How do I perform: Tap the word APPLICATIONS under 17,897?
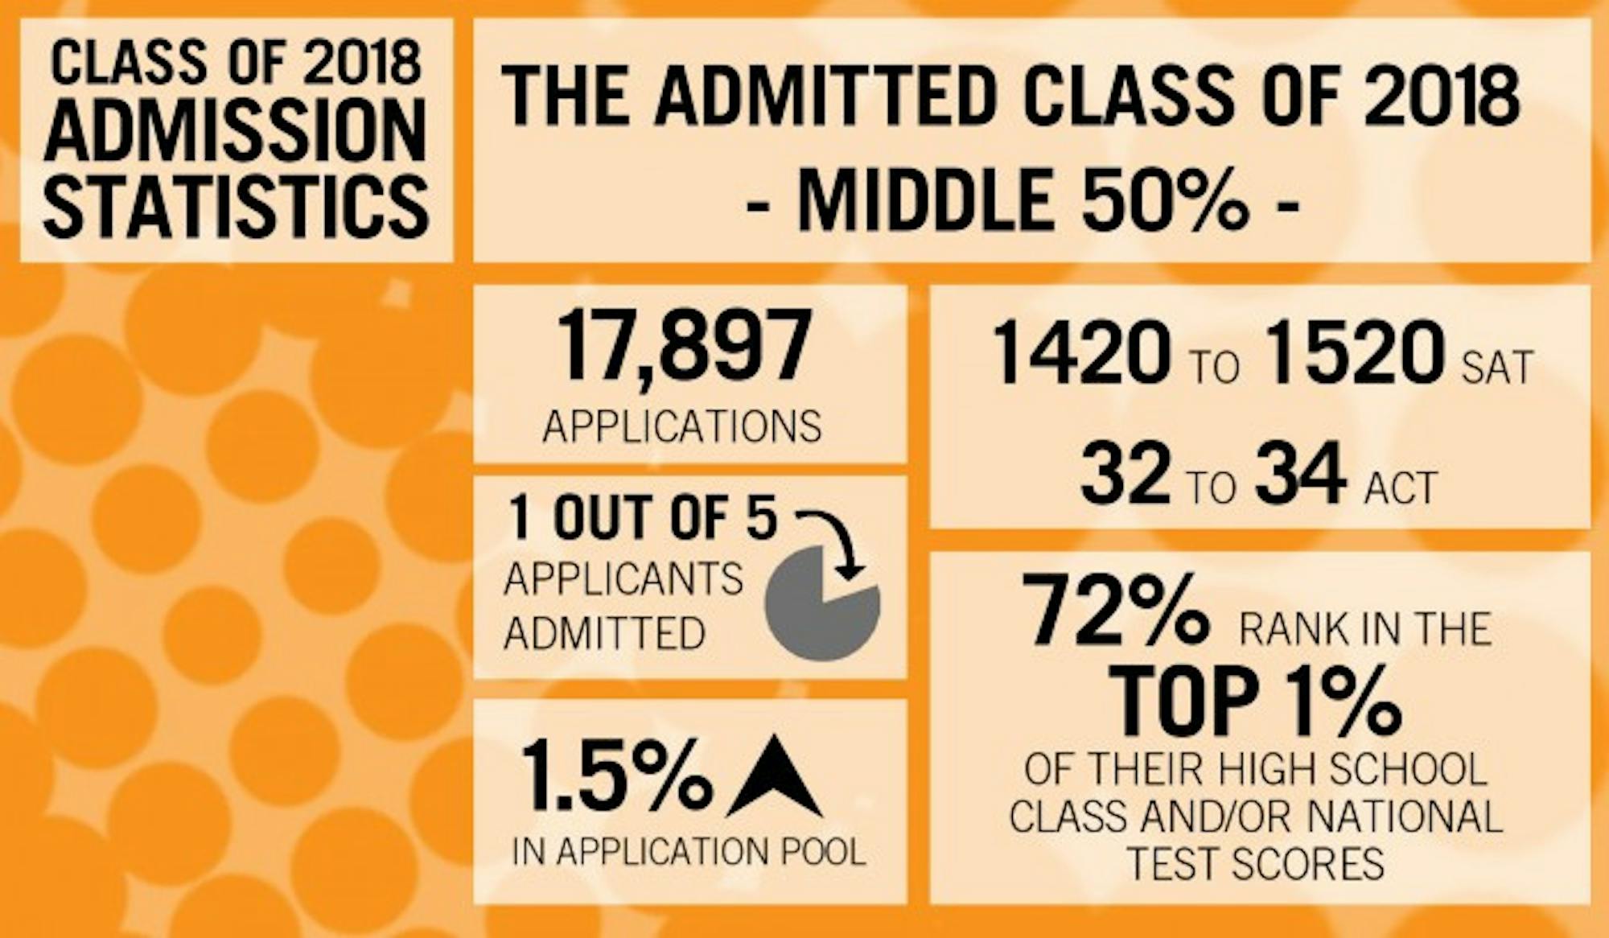682,426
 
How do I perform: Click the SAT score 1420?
1081,352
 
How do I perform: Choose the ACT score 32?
1125,475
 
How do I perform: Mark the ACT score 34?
1300,475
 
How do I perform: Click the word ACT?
1401,487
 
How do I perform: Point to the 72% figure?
1115,610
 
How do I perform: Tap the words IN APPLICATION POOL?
689,852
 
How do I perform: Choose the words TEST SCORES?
1255,864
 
